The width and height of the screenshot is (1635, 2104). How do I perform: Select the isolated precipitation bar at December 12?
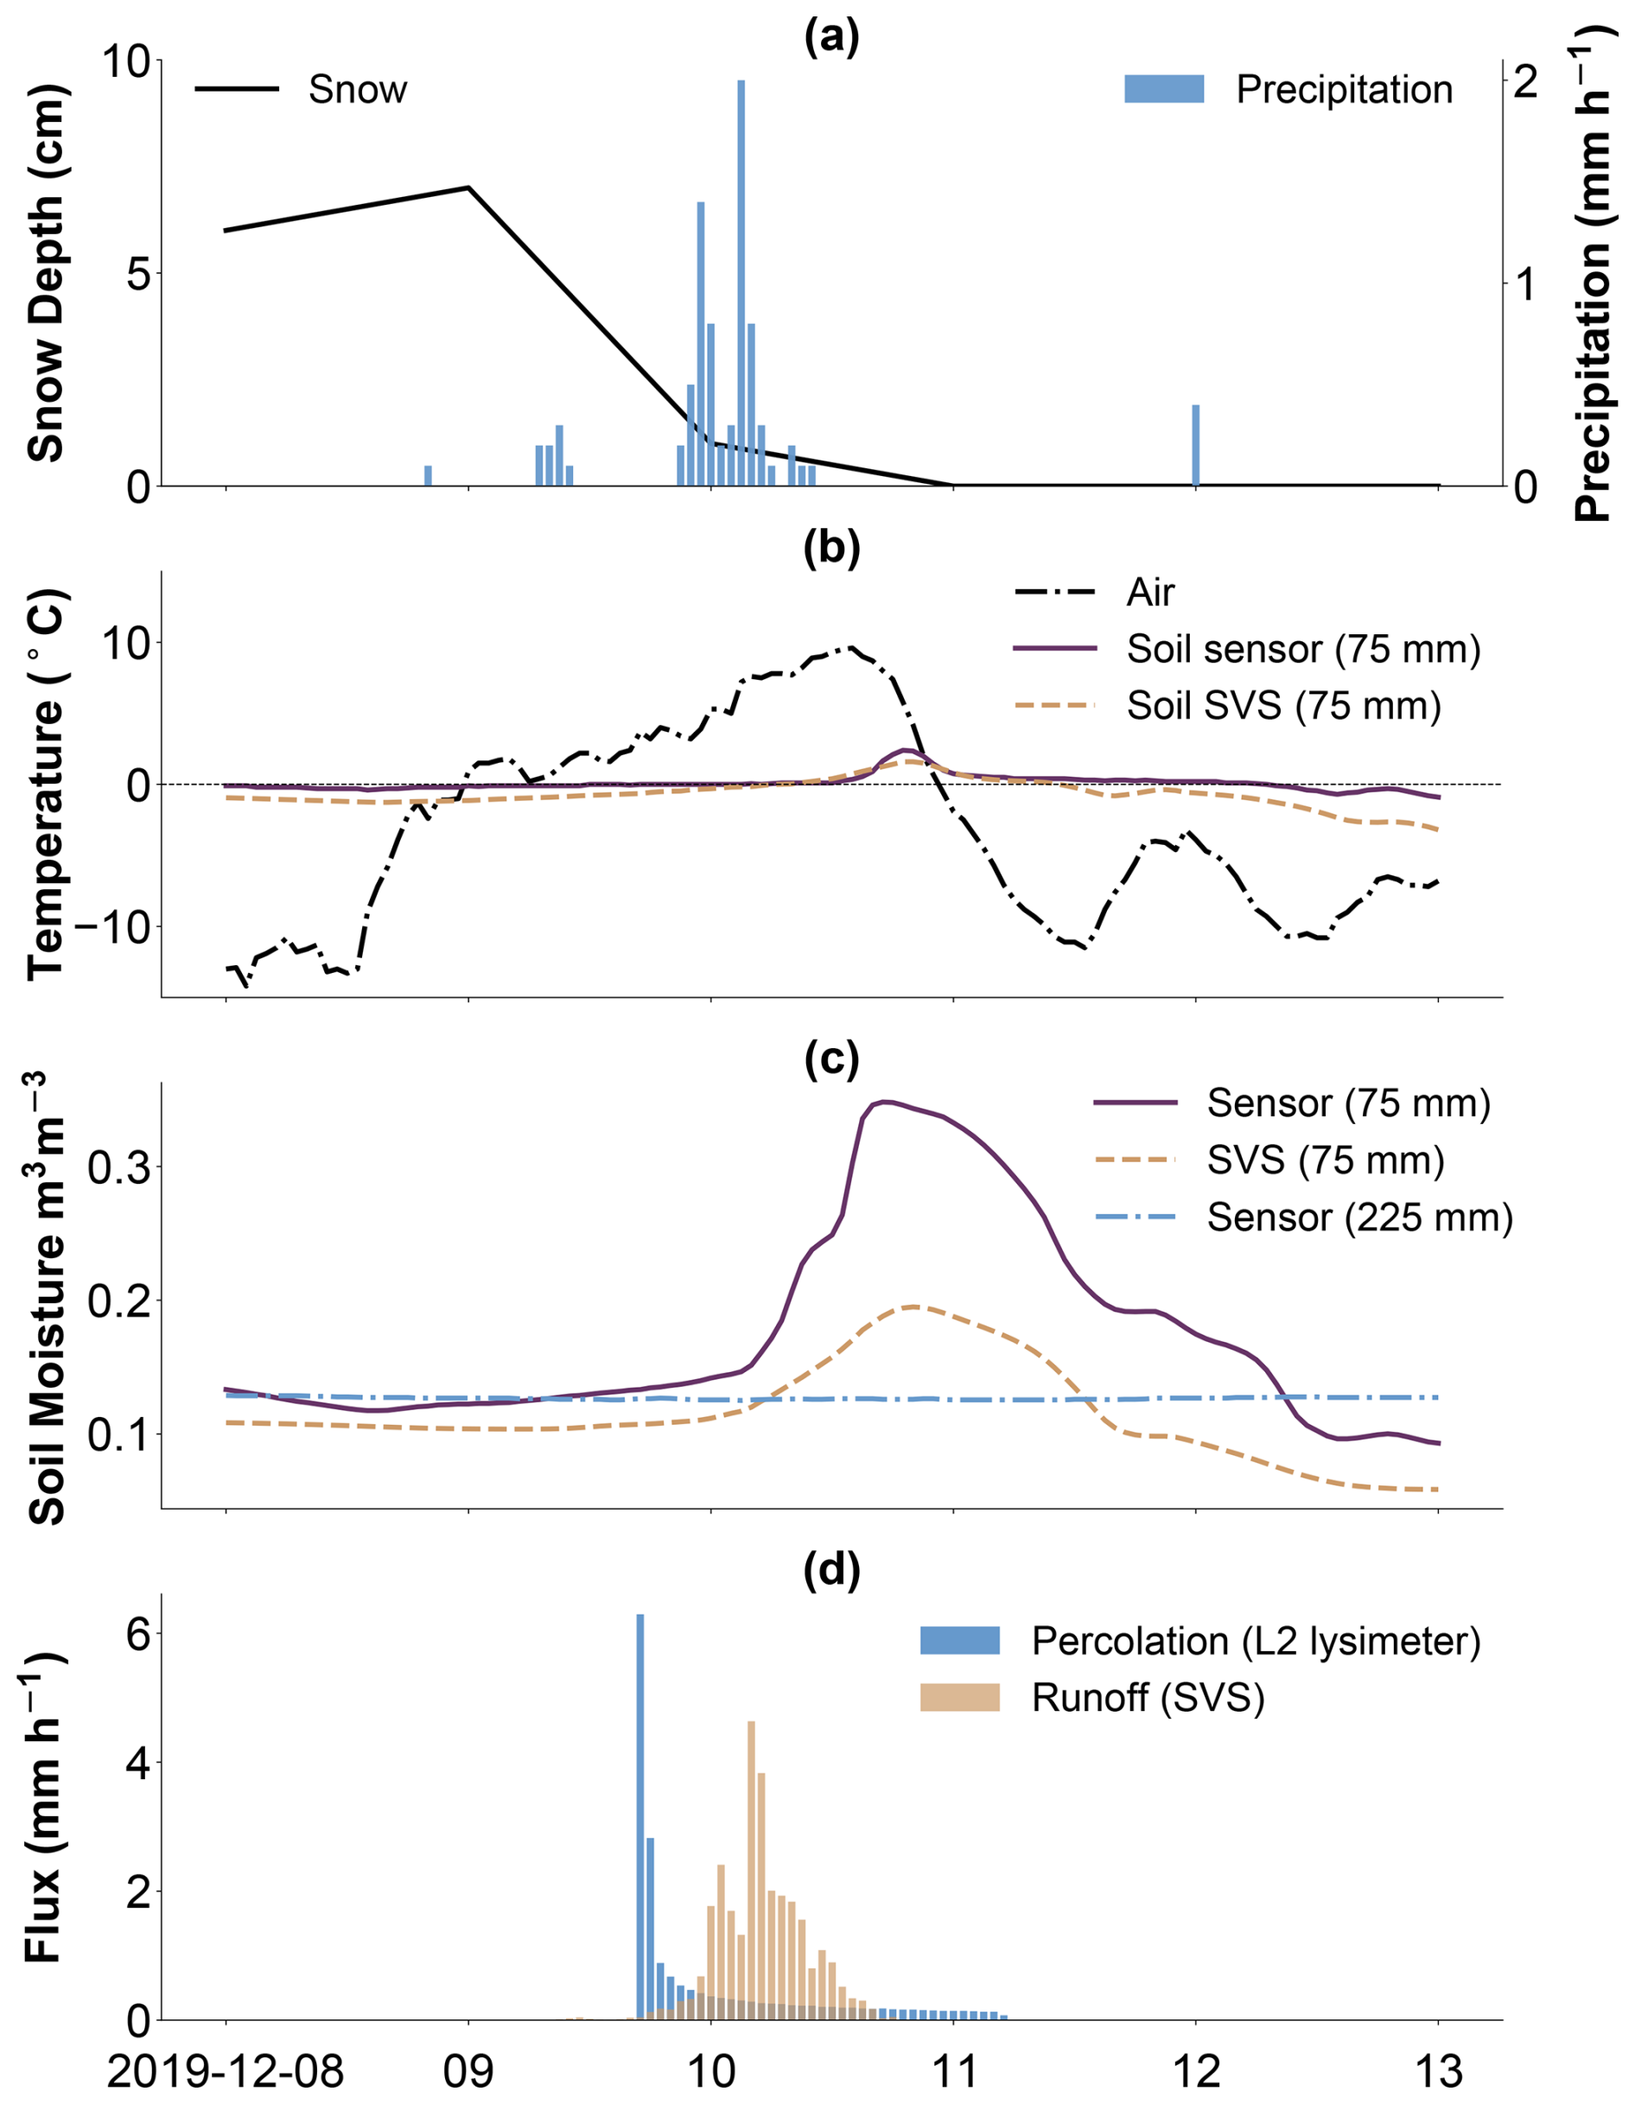(1196, 445)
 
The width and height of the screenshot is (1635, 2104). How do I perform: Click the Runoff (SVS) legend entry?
(1147, 1698)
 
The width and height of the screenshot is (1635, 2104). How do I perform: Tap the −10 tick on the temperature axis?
(111, 927)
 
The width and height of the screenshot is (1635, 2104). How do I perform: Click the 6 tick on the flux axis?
(139, 1634)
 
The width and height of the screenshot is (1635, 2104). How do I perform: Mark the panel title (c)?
(830, 1058)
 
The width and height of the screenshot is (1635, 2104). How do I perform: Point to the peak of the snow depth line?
(468, 187)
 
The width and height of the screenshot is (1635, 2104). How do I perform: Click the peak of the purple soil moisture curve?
(884, 1101)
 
